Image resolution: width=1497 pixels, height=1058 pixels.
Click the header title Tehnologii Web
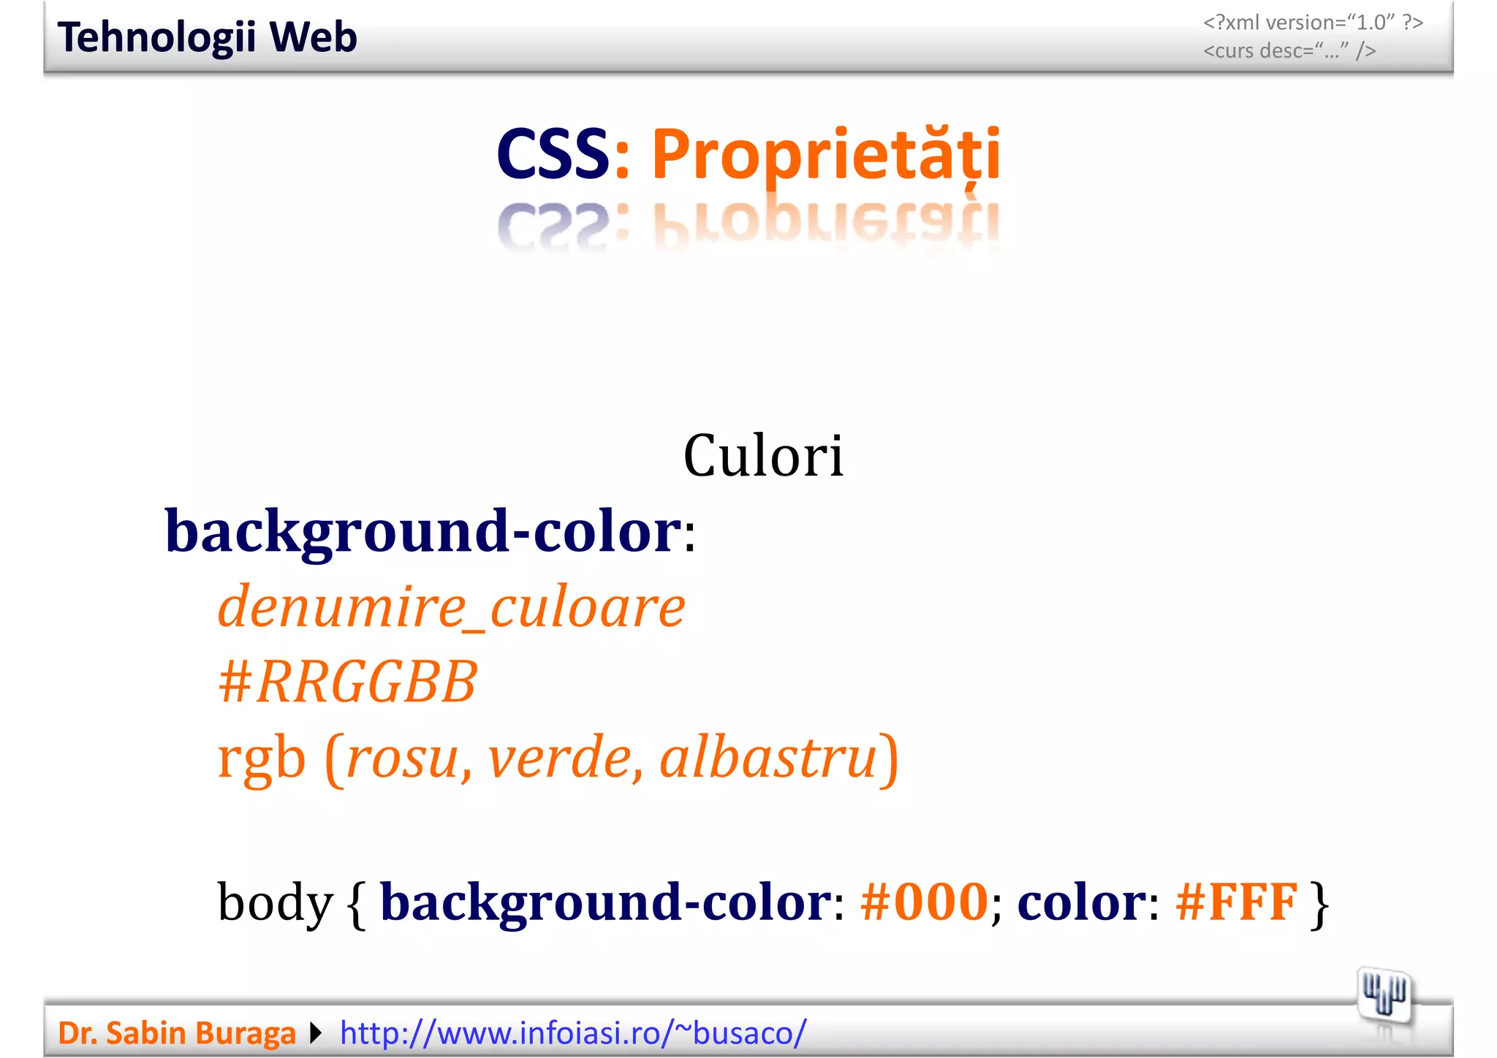tap(207, 38)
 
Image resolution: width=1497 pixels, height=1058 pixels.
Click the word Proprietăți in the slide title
tap(825, 154)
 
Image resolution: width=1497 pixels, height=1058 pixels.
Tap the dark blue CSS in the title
tap(553, 154)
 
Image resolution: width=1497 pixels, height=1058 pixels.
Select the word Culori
tap(763, 456)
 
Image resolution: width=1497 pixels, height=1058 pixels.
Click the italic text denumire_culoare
tap(451, 607)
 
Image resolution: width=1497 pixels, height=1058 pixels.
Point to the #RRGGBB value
tap(348, 682)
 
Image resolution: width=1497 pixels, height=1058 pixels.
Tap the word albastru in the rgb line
tap(768, 758)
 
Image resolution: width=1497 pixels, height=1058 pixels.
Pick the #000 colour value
tap(924, 902)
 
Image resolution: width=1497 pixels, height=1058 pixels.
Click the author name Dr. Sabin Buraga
tap(177, 1033)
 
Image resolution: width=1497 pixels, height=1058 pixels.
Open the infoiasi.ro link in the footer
tap(573, 1033)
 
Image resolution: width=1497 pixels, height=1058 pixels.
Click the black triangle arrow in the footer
tap(316, 1033)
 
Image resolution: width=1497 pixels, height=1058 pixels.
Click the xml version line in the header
tap(1313, 23)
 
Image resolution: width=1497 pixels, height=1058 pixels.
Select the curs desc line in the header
tap(1289, 51)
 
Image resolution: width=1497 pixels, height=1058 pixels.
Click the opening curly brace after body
tap(357, 904)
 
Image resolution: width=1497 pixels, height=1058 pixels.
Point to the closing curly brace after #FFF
tap(1319, 904)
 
